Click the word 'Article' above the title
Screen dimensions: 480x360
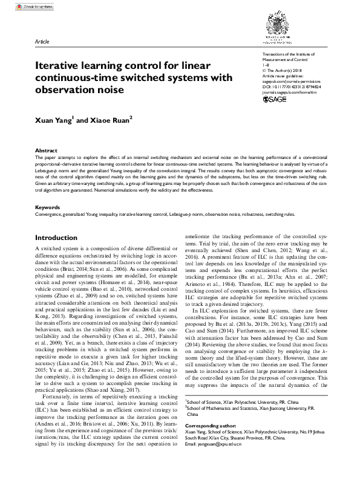tap(42, 42)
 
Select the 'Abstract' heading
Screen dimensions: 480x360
tap(46, 149)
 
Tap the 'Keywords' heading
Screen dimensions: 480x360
tap(48, 207)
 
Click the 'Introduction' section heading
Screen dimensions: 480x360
tap(61, 238)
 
